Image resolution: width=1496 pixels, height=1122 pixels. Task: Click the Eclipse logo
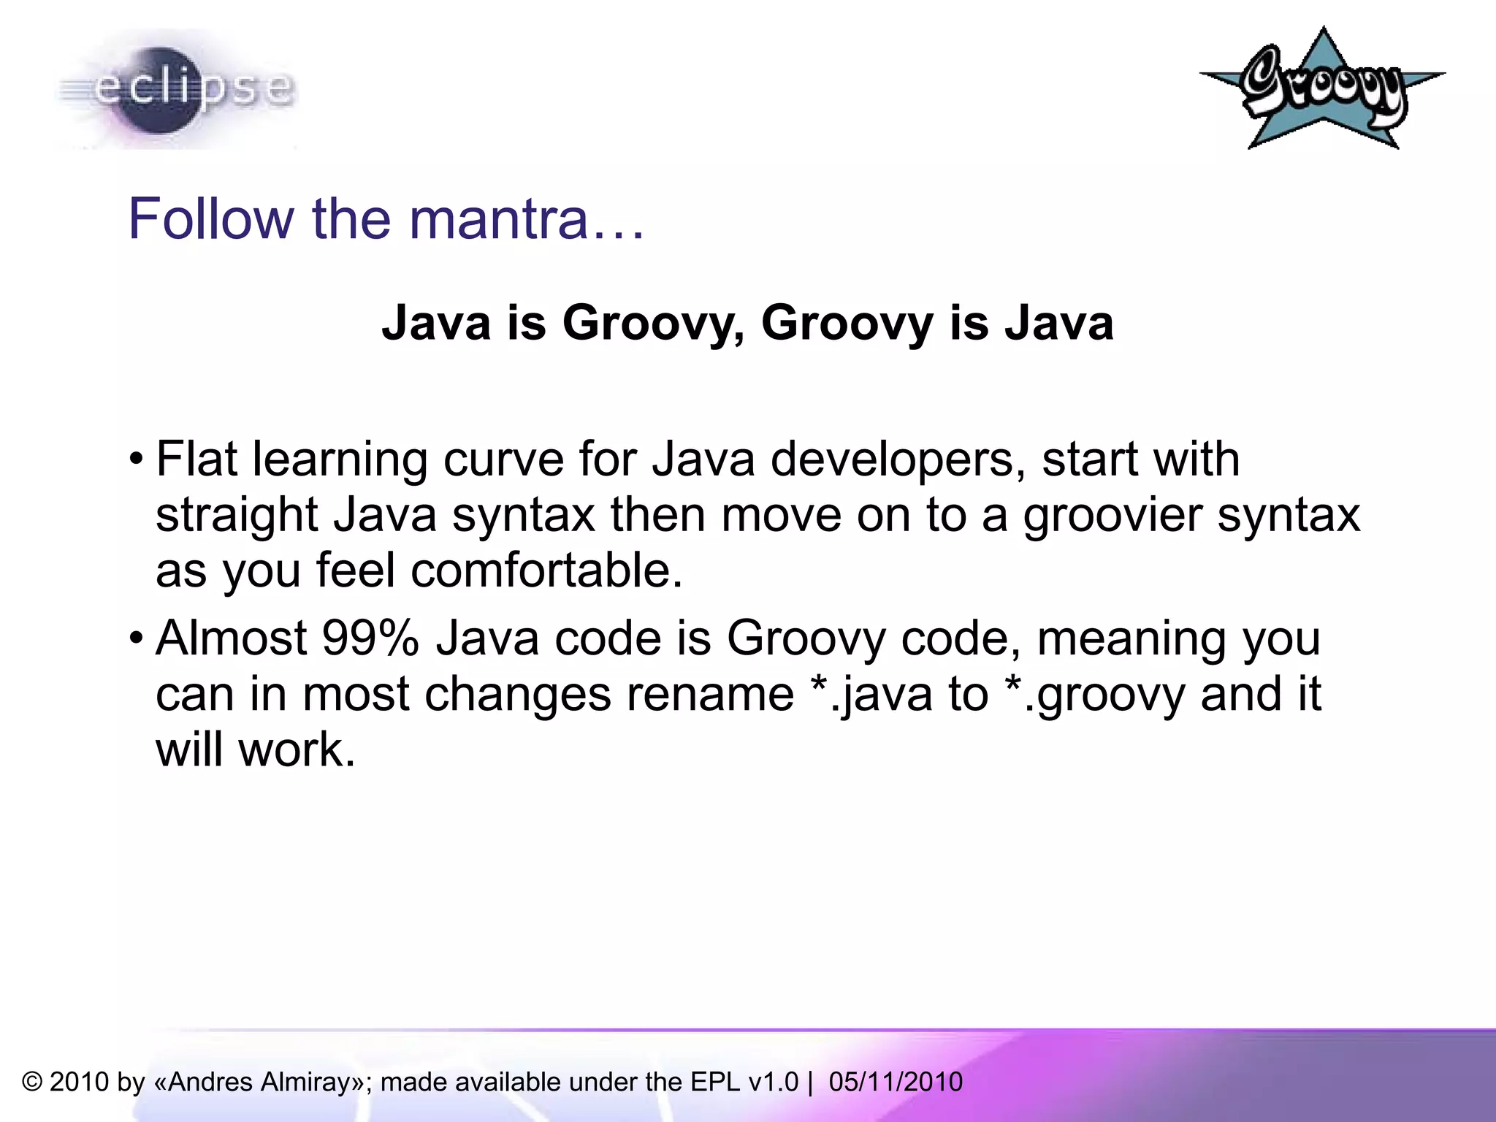click(175, 89)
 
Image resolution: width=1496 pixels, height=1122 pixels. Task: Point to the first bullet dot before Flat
click(136, 460)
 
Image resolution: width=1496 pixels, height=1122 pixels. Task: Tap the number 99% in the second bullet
click(370, 638)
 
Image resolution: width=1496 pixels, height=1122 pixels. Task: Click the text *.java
click(872, 694)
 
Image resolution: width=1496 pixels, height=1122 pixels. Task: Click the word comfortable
click(546, 570)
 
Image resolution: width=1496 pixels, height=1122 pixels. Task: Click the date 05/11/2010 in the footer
click(896, 1082)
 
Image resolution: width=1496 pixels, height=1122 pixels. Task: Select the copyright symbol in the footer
click(32, 1082)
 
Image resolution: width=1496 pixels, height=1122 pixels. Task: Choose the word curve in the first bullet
click(503, 460)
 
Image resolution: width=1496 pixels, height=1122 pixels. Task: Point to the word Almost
click(231, 638)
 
